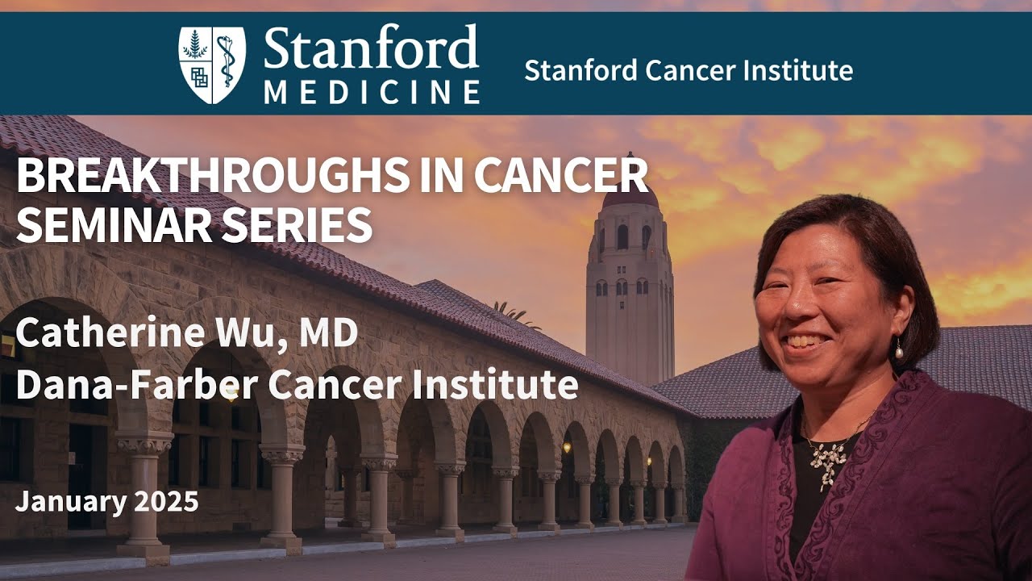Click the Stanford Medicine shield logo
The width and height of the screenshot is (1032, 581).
tap(212, 65)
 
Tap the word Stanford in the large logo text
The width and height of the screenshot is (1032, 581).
tap(371, 48)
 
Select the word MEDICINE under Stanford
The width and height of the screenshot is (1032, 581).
tap(372, 91)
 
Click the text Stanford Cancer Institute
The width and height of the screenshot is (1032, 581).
tap(688, 70)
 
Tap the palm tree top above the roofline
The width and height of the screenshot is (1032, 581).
tap(512, 311)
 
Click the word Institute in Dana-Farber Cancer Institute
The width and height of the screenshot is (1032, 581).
tap(510, 385)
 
